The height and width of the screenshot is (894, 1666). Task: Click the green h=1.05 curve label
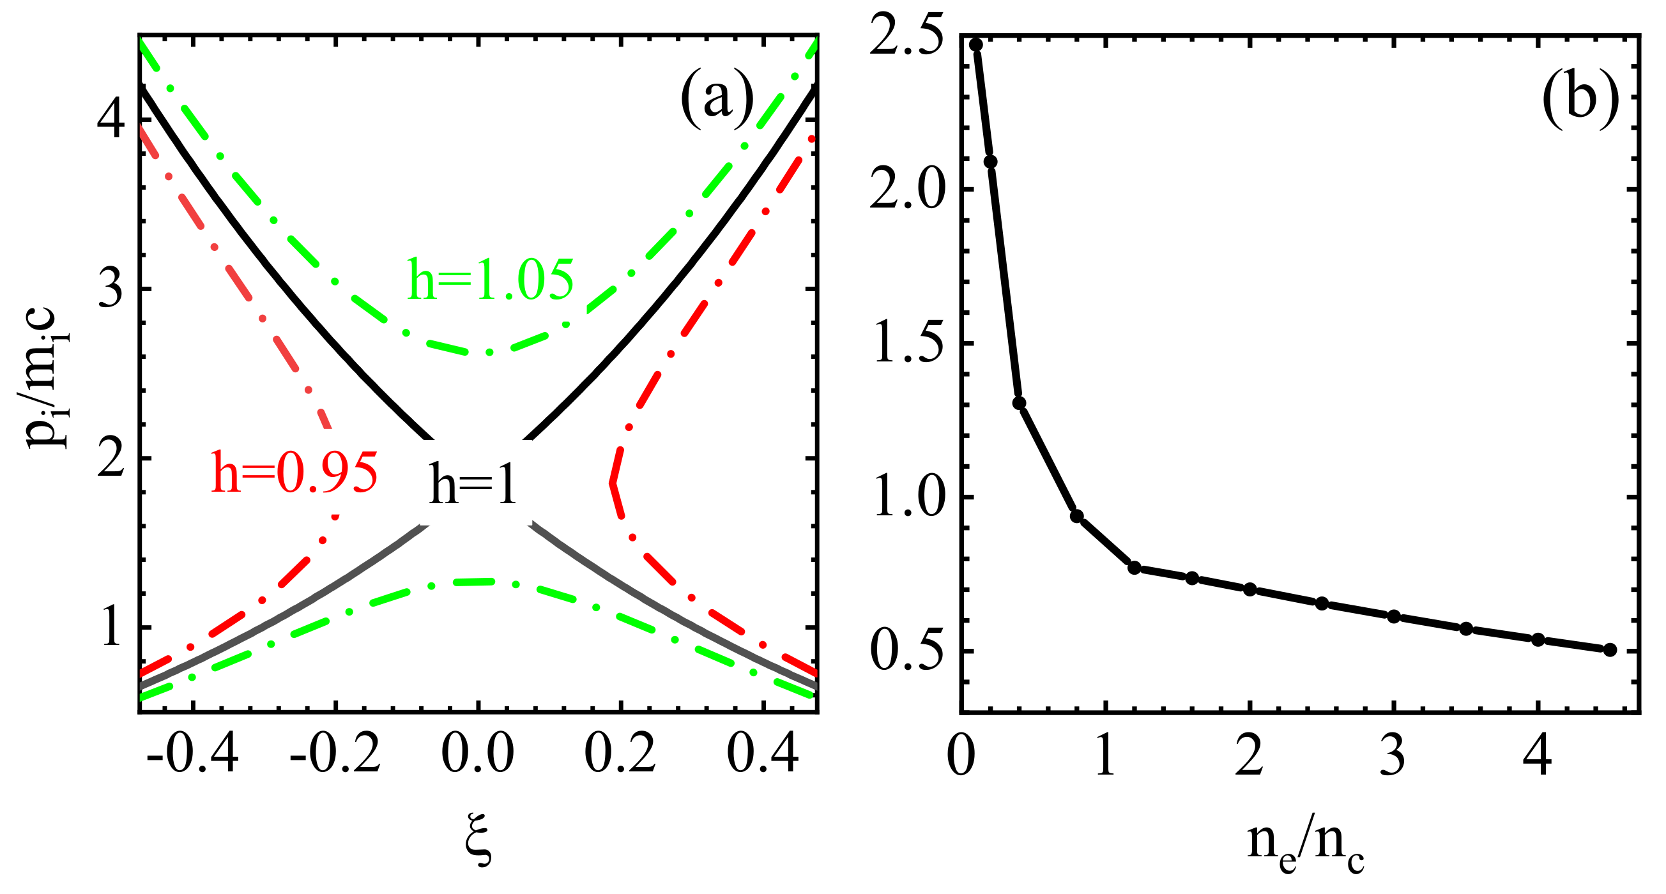[489, 280]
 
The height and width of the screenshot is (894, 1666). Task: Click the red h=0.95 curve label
[294, 473]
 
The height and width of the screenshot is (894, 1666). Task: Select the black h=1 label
[473, 484]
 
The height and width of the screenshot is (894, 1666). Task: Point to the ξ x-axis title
[478, 845]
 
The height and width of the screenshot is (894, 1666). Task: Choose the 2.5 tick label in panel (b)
[905, 38]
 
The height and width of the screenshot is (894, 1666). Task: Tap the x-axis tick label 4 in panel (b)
[1538, 755]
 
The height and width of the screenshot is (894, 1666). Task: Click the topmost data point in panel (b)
[976, 45]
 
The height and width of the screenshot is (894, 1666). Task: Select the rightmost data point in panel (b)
[1610, 649]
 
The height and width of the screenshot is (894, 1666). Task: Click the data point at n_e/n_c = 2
[1250, 589]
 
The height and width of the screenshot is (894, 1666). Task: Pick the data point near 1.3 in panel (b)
[1020, 404]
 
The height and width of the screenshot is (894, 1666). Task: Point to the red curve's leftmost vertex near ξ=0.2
[612, 481]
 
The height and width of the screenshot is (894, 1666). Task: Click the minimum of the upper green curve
[488, 353]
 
